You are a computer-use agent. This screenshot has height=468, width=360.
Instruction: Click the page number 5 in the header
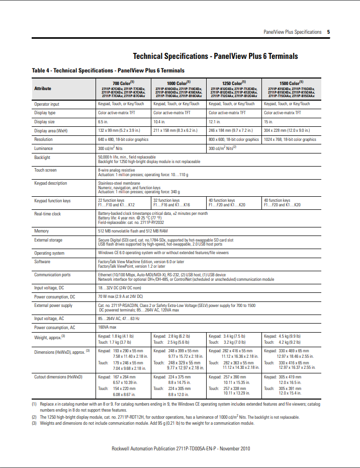(328, 32)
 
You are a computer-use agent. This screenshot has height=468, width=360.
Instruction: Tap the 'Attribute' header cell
(43, 89)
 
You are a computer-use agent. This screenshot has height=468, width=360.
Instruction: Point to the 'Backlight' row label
(42, 158)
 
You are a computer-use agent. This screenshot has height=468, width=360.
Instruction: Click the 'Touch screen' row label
(45, 171)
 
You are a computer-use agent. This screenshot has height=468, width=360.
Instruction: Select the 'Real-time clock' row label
(47, 213)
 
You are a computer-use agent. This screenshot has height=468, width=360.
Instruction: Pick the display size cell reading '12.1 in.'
(215, 122)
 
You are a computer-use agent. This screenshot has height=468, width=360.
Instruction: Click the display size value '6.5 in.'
(103, 122)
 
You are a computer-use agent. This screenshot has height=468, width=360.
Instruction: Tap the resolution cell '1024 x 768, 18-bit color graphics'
(290, 139)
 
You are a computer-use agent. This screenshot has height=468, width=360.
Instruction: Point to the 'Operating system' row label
(49, 253)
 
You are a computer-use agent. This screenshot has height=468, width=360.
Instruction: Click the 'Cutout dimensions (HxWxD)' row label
(58, 376)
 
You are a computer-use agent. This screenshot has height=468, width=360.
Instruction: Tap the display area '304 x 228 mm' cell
(287, 130)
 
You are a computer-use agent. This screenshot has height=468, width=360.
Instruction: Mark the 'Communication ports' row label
(52, 275)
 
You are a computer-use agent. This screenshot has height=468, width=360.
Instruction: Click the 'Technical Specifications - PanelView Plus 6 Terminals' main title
(215, 56)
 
